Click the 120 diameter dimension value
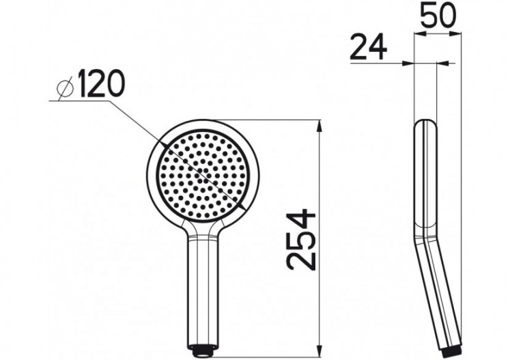coord(101,85)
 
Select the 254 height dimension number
coord(300,240)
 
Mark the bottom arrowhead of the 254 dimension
coord(319,347)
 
